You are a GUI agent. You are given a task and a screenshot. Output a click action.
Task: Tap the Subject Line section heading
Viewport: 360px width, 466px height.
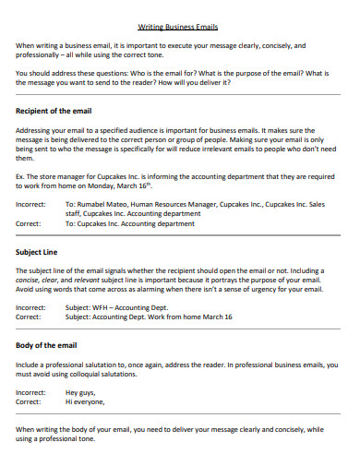[40, 251]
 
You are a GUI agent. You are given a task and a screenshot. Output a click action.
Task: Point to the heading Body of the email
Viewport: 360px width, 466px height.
[53, 345]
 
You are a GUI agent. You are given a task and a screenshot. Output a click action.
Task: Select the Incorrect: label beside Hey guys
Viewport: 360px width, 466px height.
[31, 392]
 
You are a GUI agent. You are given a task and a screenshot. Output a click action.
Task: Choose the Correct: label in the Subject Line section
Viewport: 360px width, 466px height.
[29, 317]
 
